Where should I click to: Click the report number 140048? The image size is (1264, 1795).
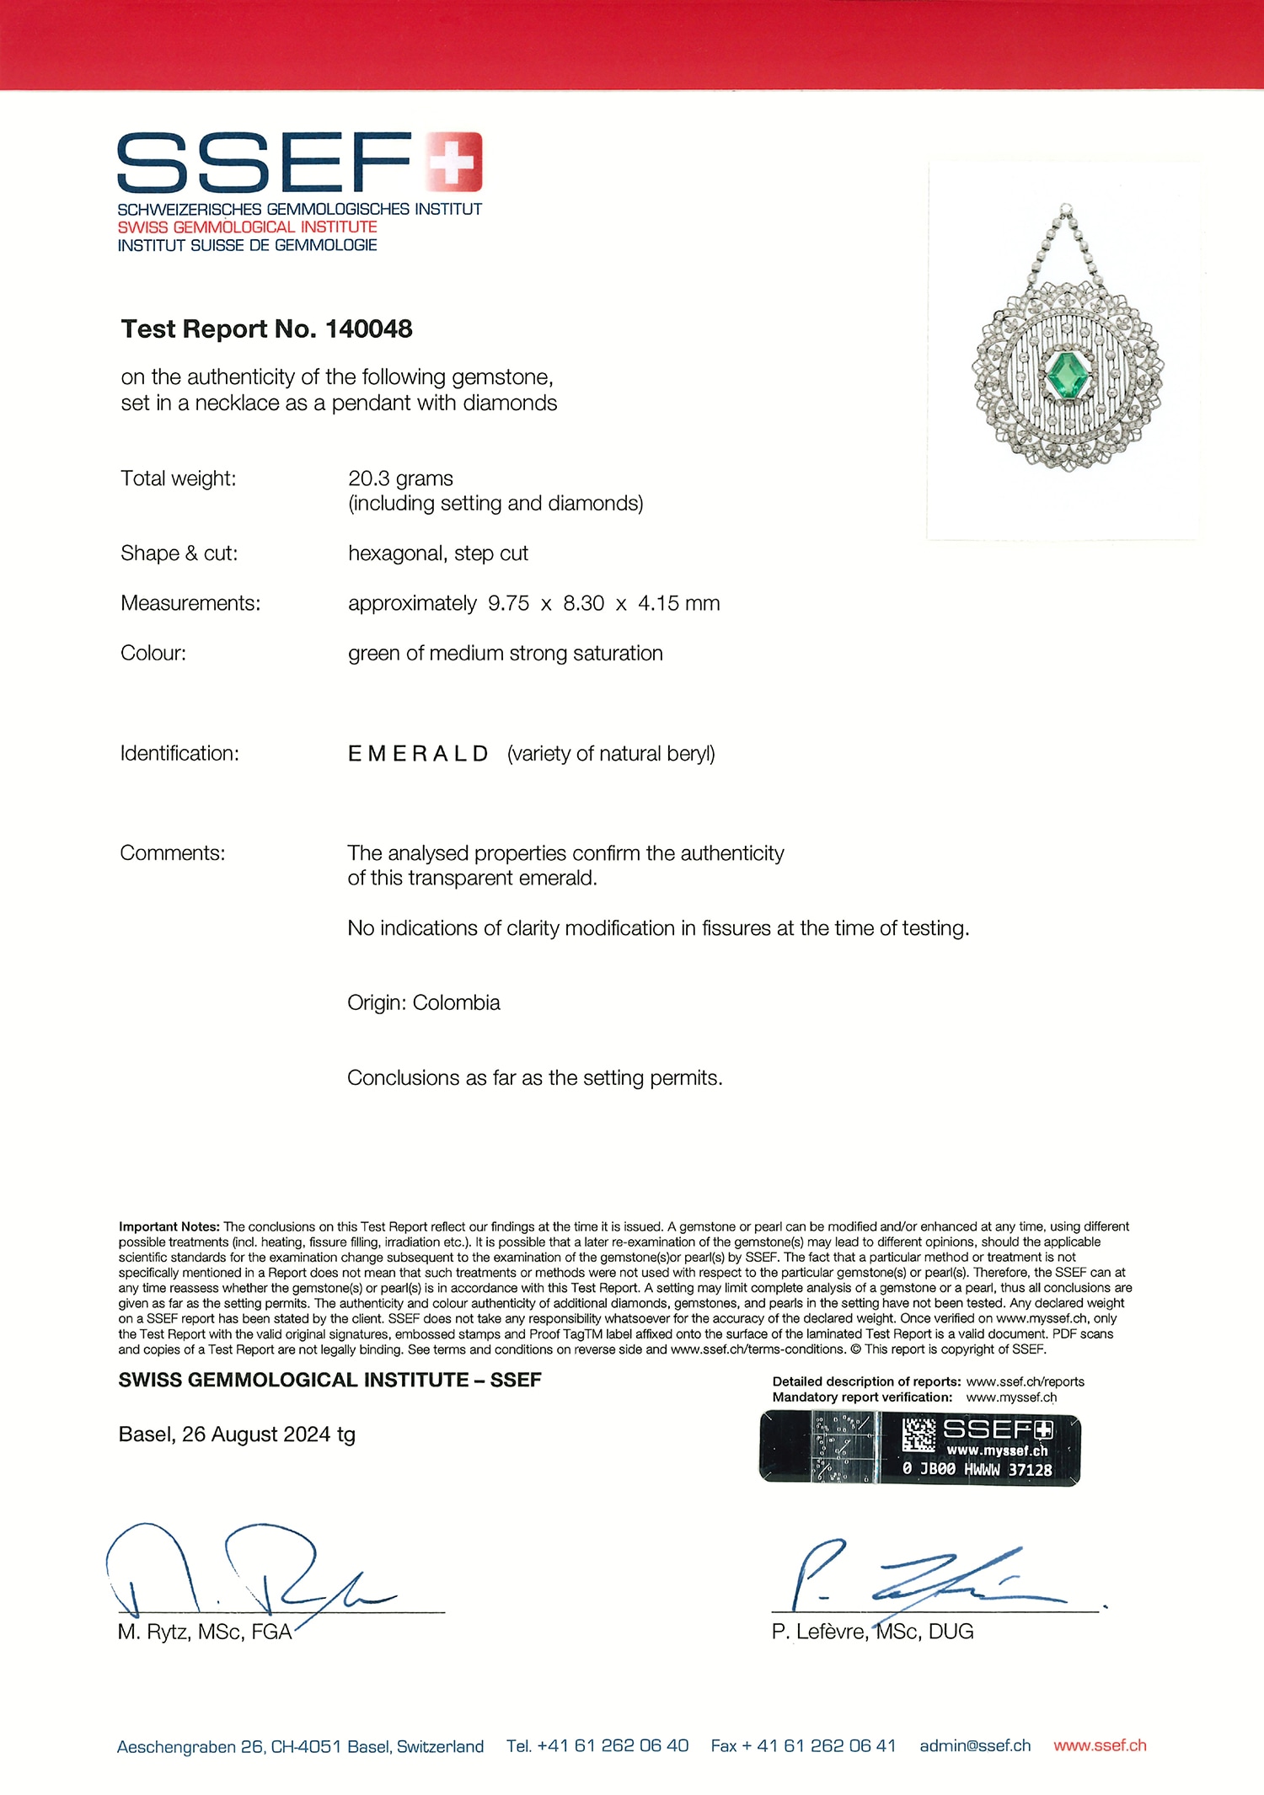click(368, 329)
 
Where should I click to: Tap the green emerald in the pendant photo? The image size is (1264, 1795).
click(1067, 375)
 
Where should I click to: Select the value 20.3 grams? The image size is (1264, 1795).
click(400, 478)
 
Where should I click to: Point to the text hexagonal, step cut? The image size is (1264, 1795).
click(437, 553)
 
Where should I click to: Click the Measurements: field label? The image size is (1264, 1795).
click(190, 603)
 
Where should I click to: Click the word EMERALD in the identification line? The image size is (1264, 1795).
click(418, 754)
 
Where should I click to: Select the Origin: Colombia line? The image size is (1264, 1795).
click(423, 1002)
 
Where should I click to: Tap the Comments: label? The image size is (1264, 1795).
click(172, 853)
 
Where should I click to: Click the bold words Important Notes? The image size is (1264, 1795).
click(169, 1226)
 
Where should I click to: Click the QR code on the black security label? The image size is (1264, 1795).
click(919, 1434)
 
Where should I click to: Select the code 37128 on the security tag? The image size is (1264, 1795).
click(1031, 1470)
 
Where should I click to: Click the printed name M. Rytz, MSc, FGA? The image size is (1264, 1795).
click(205, 1632)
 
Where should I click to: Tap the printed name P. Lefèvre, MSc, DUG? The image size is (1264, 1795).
click(872, 1632)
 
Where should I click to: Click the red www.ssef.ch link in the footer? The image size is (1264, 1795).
click(1100, 1745)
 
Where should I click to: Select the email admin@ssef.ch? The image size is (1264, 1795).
click(975, 1745)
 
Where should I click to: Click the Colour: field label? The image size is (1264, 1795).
click(153, 654)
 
